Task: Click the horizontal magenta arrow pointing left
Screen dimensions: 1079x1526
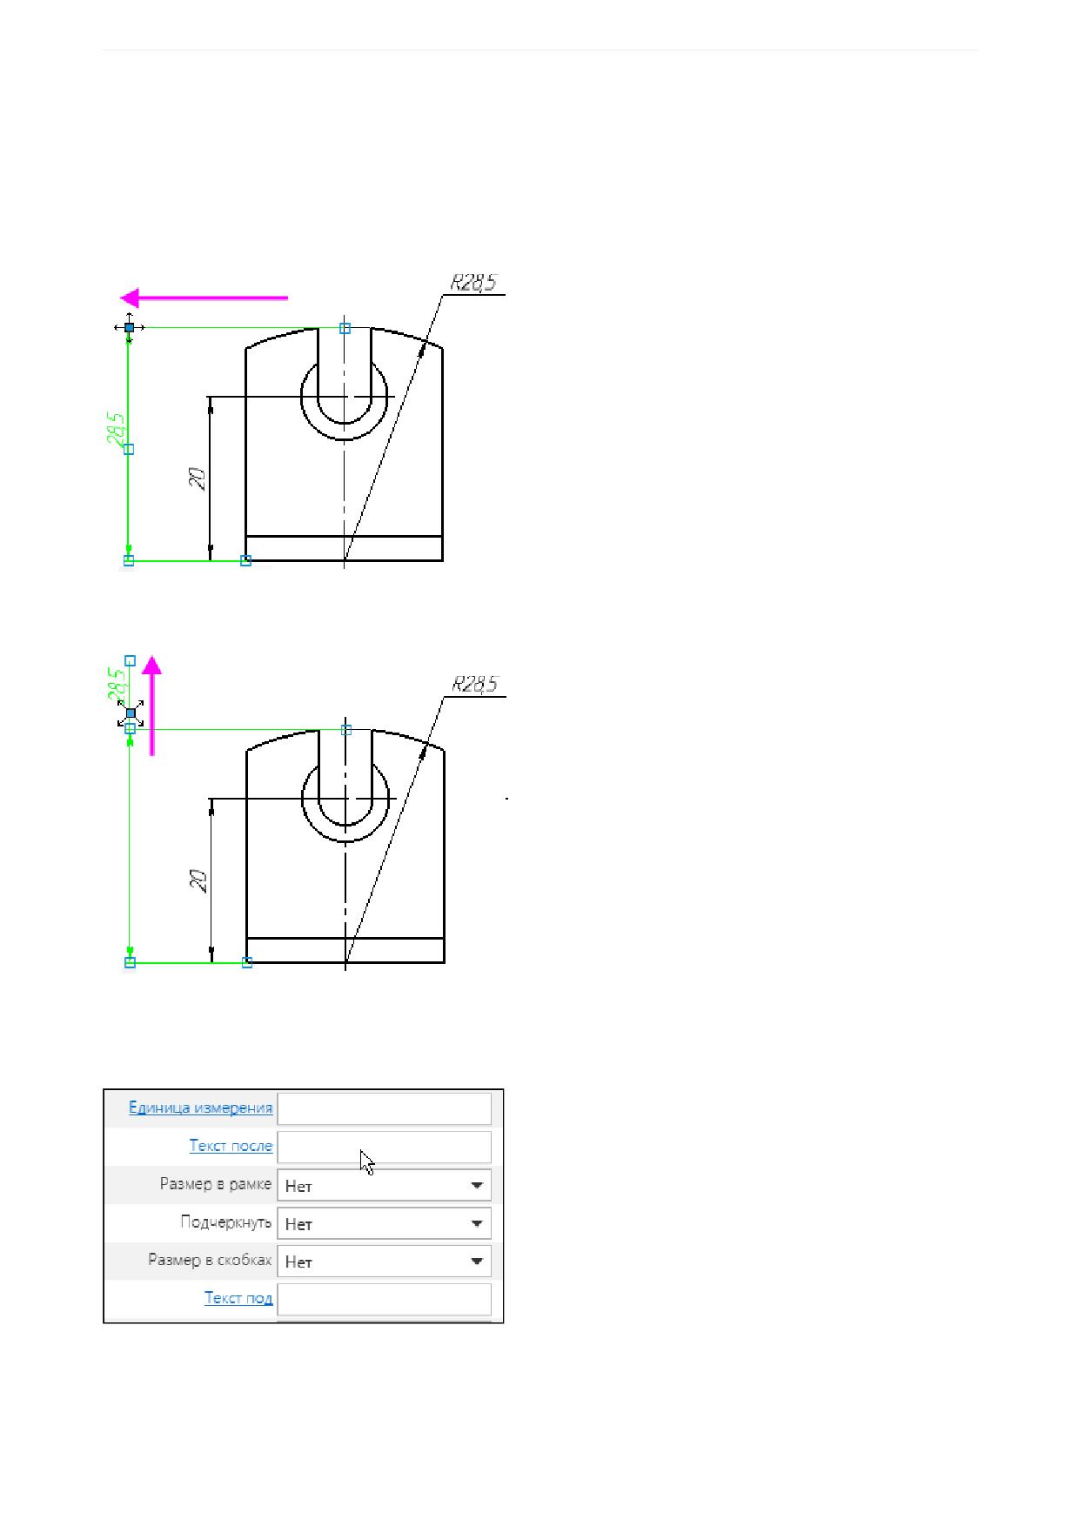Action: [x=204, y=298]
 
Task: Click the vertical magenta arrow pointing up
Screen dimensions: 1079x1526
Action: [x=152, y=706]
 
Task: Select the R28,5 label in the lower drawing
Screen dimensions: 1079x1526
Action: [x=475, y=685]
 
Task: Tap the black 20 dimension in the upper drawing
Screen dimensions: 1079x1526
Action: [x=198, y=479]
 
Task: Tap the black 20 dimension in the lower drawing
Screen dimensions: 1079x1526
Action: [x=199, y=880]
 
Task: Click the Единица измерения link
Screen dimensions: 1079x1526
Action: [x=200, y=1108]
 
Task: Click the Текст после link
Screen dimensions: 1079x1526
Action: [x=231, y=1146]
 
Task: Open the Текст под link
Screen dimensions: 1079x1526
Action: [x=238, y=1298]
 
